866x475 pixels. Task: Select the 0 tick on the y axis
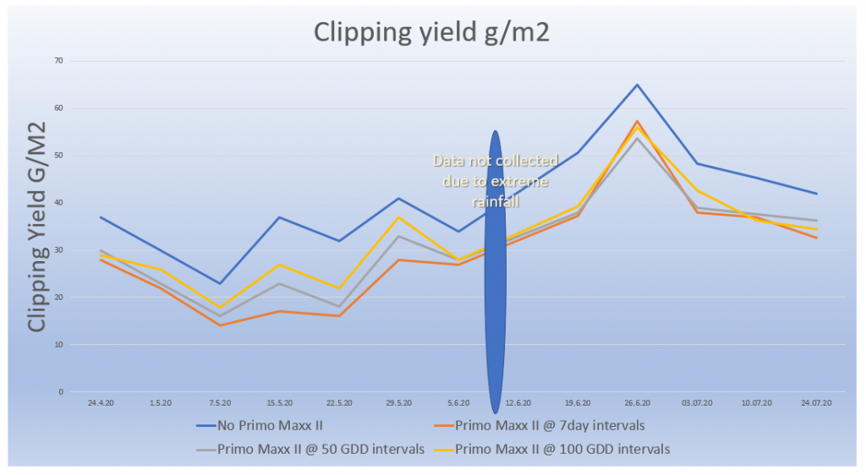click(60, 392)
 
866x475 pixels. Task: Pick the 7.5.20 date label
click(219, 403)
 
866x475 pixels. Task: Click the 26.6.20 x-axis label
click(637, 403)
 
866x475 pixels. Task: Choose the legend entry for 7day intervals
click(550, 425)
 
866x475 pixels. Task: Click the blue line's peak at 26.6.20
click(637, 85)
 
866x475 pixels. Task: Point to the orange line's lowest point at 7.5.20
click(219, 325)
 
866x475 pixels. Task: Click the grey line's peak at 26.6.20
click(637, 138)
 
